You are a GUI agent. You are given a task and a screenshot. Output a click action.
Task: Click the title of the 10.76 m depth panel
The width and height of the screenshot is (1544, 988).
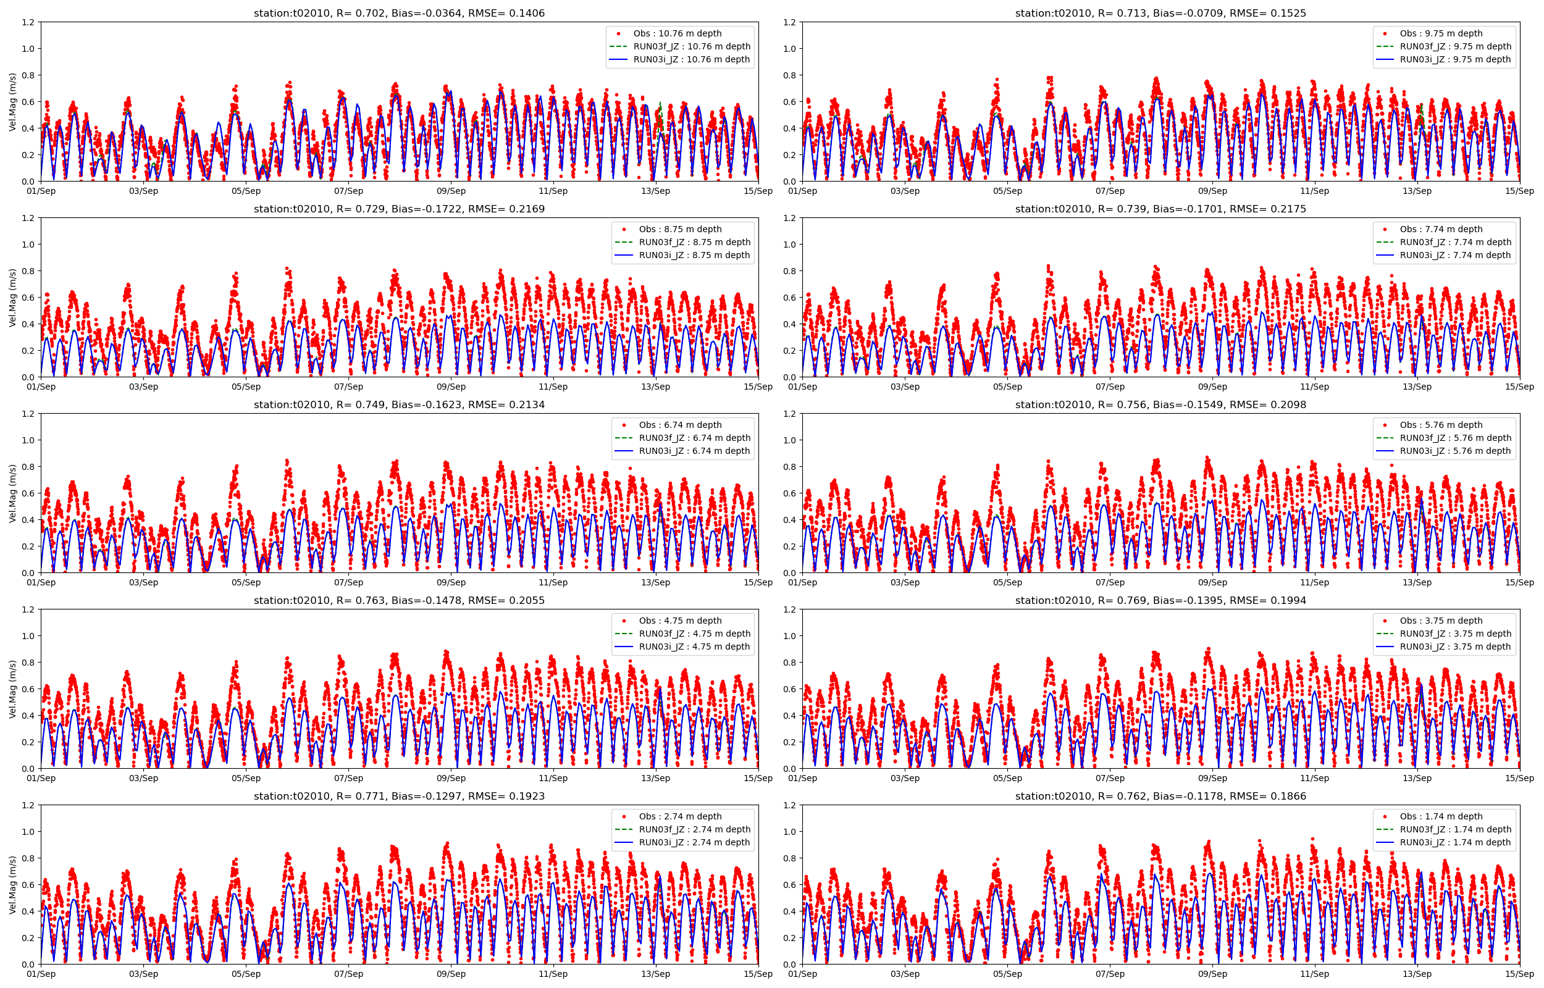pyautogui.click(x=399, y=13)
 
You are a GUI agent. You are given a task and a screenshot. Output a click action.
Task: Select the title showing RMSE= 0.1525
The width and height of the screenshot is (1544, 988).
pyautogui.click(x=1160, y=13)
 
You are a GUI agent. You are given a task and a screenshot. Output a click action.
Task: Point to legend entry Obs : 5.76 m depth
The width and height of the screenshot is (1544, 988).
pyautogui.click(x=1441, y=425)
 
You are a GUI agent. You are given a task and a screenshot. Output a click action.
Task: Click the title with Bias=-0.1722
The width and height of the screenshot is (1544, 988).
pyautogui.click(x=399, y=209)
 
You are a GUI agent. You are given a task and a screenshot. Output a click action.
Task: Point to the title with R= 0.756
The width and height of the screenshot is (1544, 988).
pyautogui.click(x=1160, y=405)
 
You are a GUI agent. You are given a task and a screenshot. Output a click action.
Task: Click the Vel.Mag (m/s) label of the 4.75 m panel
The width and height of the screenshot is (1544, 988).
pyautogui.click(x=13, y=689)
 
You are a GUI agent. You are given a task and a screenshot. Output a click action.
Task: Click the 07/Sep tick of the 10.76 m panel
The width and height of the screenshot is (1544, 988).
pyautogui.click(x=348, y=191)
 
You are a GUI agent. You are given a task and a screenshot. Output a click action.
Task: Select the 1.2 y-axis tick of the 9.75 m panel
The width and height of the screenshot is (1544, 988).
pyautogui.click(x=789, y=22)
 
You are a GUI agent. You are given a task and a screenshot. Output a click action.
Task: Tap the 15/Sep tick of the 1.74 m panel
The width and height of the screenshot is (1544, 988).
pyautogui.click(x=1519, y=974)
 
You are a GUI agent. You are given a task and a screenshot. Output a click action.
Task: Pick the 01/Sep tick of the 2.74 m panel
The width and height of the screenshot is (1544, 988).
pyautogui.click(x=41, y=974)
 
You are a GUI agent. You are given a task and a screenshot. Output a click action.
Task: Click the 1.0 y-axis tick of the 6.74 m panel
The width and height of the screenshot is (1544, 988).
pyautogui.click(x=28, y=440)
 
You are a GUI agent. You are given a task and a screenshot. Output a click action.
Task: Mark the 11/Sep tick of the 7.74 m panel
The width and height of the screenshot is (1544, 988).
pyautogui.click(x=1314, y=387)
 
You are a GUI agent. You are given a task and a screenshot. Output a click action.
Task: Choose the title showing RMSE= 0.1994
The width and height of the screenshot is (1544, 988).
pyautogui.click(x=1160, y=600)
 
